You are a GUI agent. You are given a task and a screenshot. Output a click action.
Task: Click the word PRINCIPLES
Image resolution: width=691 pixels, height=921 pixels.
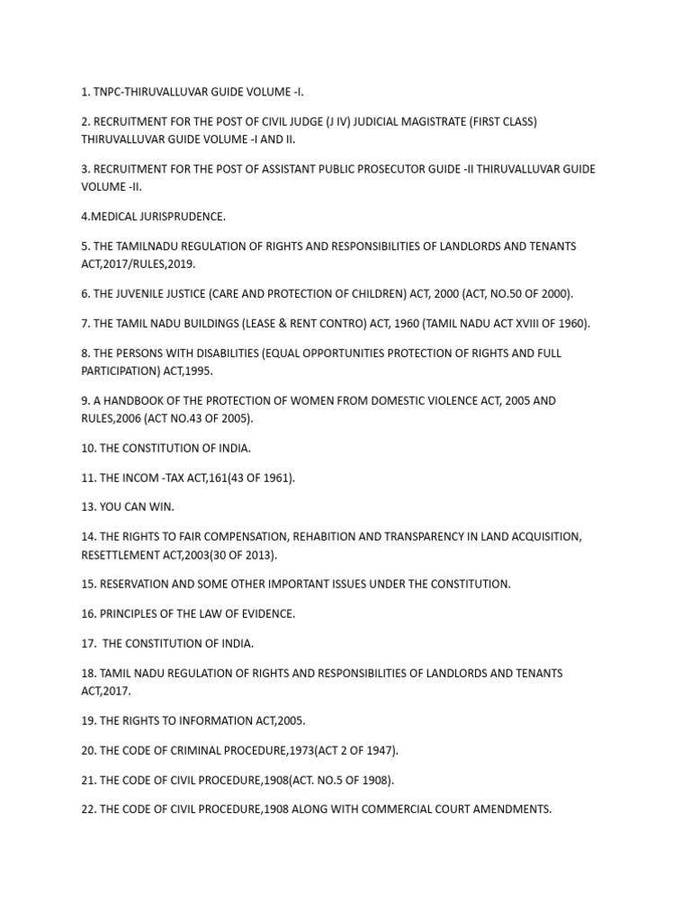click(134, 614)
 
